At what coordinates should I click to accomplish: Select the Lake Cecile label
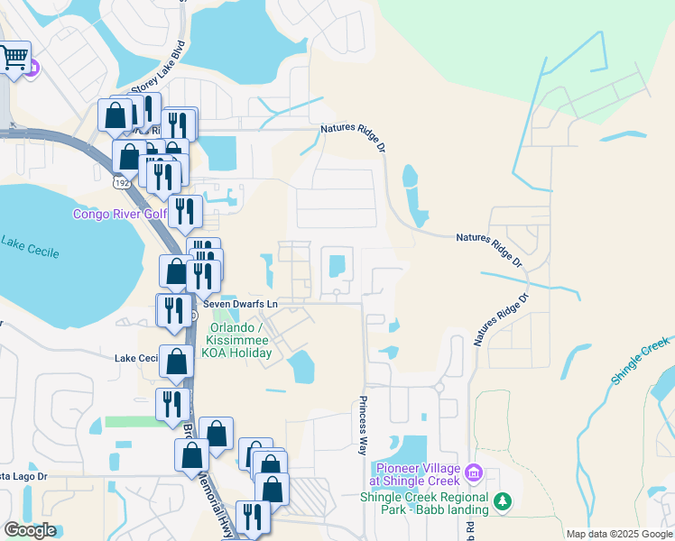click(x=30, y=246)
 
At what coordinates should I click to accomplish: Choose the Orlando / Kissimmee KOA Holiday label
click(x=239, y=340)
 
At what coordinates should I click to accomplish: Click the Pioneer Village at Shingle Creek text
click(x=418, y=474)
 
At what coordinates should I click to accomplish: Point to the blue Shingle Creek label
click(x=641, y=362)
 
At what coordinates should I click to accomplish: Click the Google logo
click(x=30, y=530)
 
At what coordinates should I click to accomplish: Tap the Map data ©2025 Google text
click(x=619, y=534)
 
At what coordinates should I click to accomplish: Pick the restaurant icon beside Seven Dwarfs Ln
click(x=173, y=309)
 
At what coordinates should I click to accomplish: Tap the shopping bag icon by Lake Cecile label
click(x=177, y=362)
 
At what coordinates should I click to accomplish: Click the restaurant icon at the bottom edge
click(x=253, y=517)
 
